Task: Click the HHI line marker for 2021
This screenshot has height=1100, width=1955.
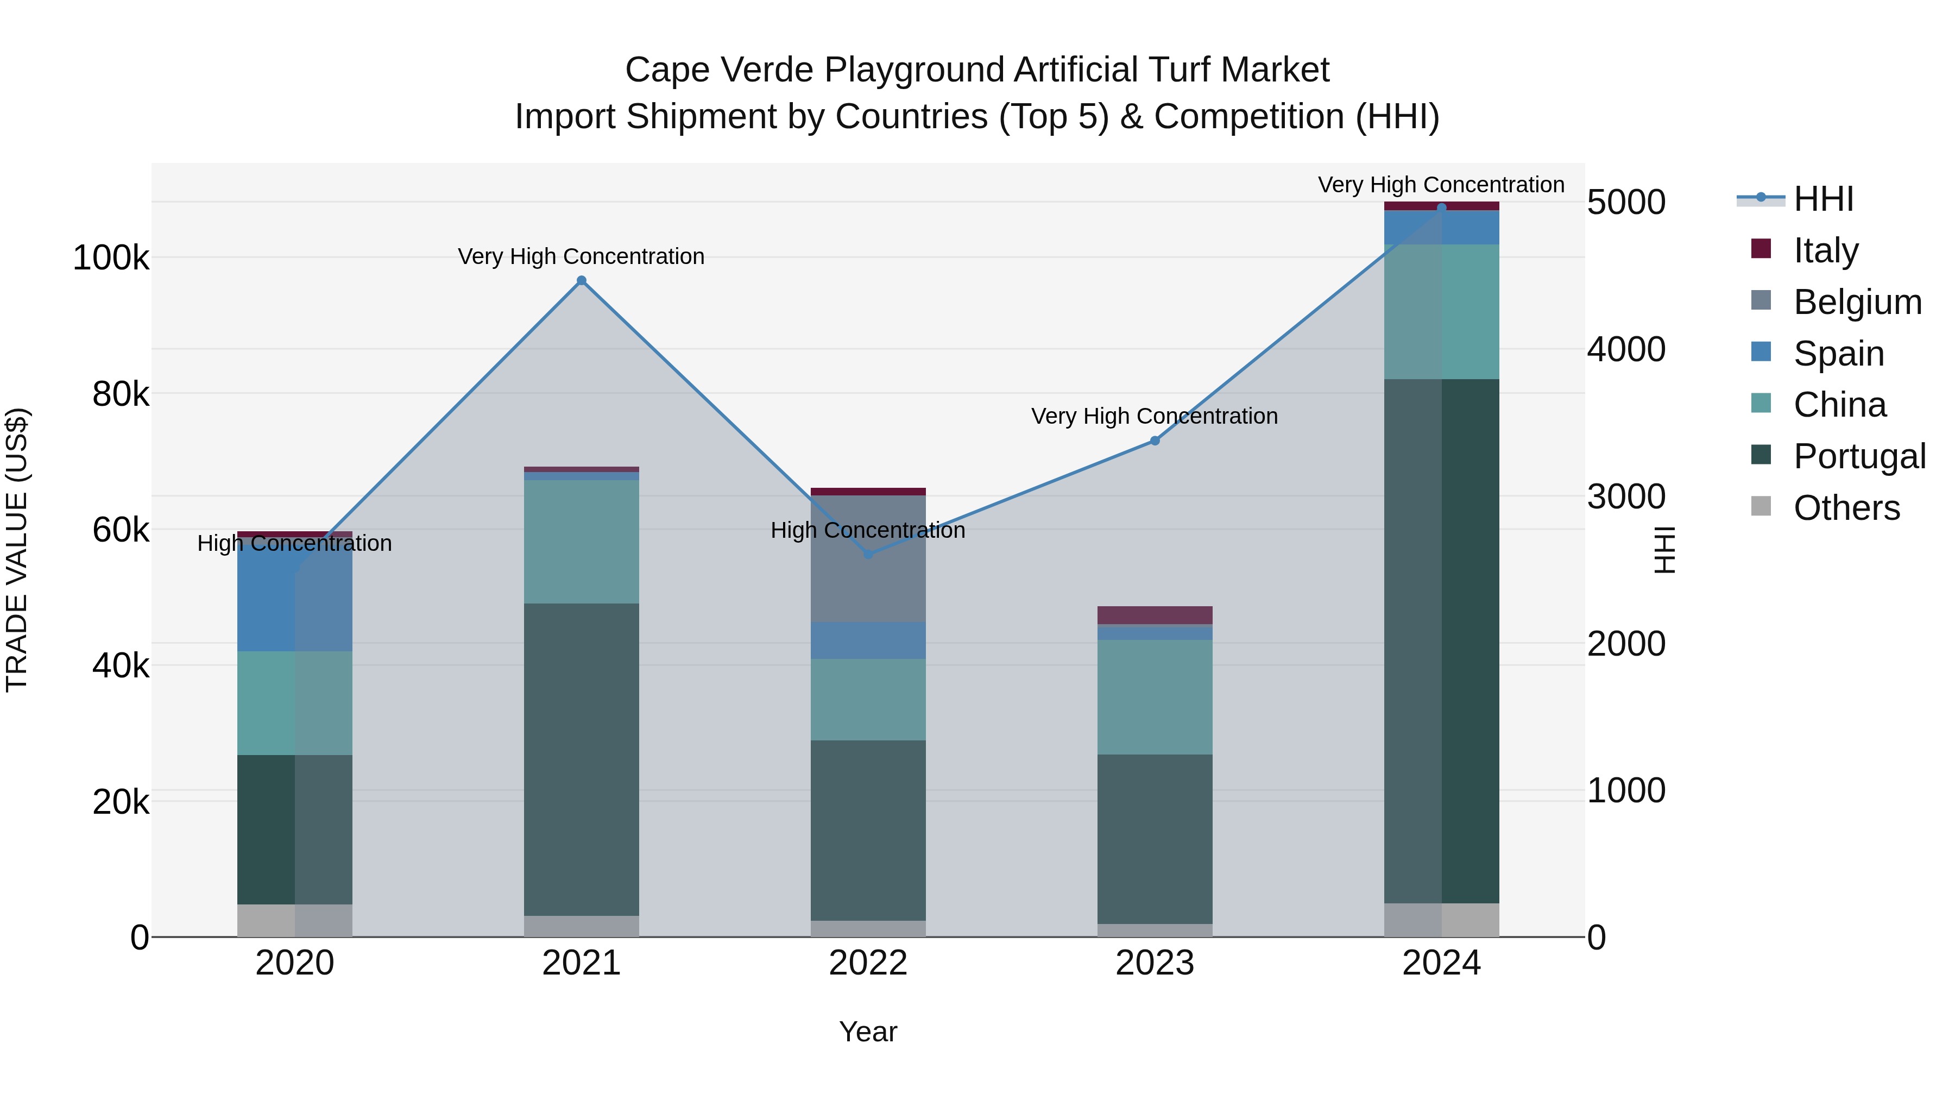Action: [x=581, y=281]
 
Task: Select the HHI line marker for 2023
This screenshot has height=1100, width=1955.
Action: [x=1155, y=441]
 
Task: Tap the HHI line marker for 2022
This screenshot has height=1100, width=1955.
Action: [x=868, y=554]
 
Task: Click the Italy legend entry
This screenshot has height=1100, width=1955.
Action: [x=1825, y=250]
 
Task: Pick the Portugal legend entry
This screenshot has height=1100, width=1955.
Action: [x=1859, y=456]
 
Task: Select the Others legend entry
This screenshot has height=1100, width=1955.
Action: [x=1846, y=508]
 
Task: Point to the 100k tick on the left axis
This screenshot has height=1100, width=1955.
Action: [x=111, y=258]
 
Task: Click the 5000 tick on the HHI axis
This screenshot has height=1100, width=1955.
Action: [x=1625, y=203]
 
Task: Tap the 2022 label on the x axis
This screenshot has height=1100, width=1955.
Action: [x=868, y=963]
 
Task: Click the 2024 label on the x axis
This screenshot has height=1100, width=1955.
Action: [x=1441, y=963]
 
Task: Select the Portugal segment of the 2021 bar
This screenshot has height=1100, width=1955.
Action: [x=581, y=759]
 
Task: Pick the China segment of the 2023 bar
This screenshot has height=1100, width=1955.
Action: [x=1155, y=697]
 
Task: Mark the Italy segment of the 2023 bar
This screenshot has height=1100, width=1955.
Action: [x=1155, y=615]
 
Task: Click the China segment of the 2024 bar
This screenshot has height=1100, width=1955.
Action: [x=1441, y=311]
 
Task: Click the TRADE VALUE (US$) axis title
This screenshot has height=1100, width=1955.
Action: [x=17, y=550]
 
